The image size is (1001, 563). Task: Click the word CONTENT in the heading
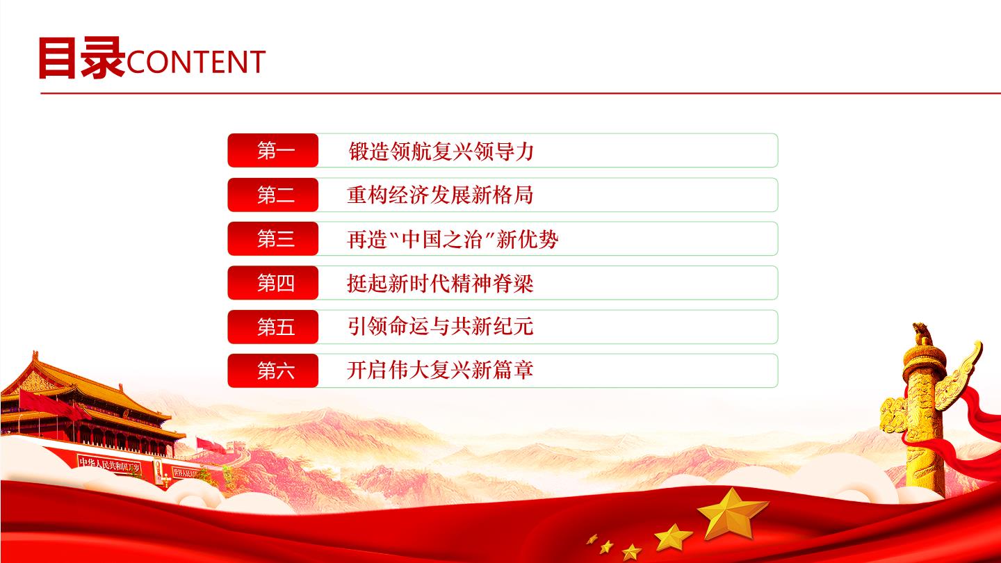196,62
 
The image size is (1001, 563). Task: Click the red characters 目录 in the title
81,58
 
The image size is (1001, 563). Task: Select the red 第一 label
273,151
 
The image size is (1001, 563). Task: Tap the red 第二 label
273,195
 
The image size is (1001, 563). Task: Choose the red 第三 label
273,238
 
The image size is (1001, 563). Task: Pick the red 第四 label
273,283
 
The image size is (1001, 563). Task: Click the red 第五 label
273,327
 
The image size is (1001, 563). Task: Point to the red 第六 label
273,370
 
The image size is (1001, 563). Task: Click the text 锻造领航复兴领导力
441,151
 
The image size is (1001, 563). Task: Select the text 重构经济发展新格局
440,195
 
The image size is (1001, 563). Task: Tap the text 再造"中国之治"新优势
453,239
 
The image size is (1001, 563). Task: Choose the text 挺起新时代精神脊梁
440,284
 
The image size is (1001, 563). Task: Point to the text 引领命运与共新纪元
440,327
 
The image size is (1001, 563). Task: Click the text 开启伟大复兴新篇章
440,370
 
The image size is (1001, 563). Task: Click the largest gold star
732,514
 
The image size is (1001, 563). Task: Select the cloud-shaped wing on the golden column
961,375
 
